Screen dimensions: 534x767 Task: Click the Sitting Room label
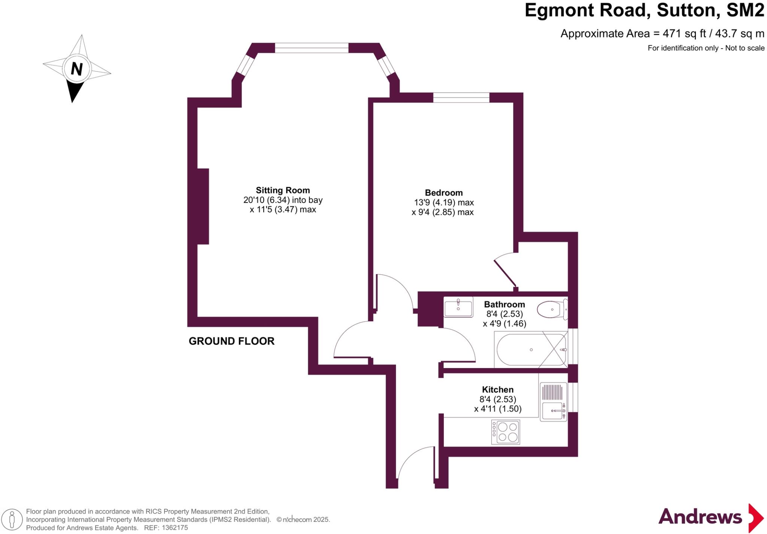click(283, 190)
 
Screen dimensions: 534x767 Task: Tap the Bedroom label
click(443, 193)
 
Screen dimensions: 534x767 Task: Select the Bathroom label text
click(504, 304)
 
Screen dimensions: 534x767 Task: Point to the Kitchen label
click(497, 389)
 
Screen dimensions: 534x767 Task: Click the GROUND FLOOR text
click(231, 341)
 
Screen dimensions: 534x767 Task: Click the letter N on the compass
click(76, 69)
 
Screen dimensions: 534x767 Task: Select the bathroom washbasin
click(458, 307)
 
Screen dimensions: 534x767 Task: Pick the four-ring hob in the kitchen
click(506, 432)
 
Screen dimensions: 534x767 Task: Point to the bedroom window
click(461, 97)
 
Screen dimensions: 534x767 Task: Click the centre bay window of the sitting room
click(312, 48)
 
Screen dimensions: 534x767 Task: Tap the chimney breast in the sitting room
click(203, 206)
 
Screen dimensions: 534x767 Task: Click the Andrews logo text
click(700, 517)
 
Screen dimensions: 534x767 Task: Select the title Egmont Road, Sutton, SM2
click(644, 10)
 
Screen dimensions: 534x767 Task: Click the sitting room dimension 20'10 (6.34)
click(266, 200)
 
